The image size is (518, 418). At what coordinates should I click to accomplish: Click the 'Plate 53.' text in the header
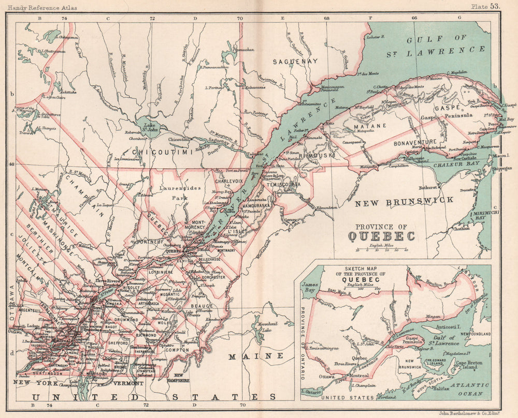(485, 6)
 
